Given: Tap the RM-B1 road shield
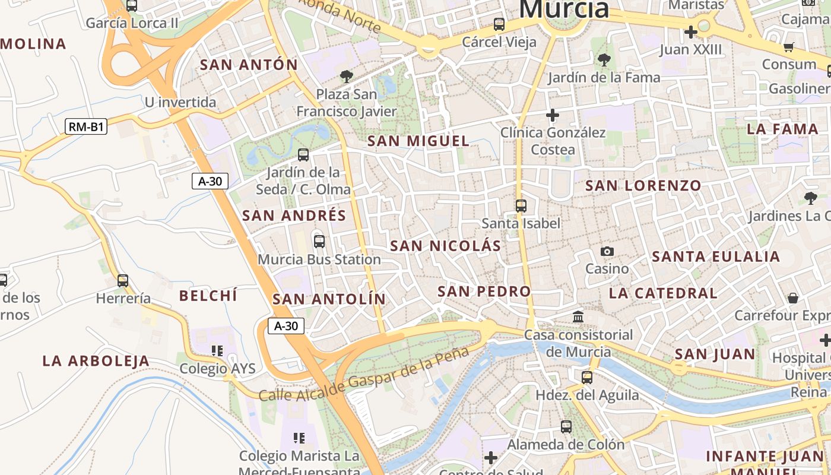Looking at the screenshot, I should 86,126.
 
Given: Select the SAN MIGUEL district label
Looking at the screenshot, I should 418,141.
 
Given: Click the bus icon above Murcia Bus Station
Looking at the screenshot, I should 319,241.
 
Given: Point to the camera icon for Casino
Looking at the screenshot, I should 607,251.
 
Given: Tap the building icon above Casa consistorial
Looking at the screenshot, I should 578,317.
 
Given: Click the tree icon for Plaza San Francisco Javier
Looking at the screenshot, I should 346,77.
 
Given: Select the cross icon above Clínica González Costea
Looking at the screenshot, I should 553,115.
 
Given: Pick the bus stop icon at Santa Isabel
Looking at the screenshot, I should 521,206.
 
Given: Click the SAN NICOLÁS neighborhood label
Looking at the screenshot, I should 446,246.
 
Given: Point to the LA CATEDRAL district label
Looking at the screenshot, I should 663,293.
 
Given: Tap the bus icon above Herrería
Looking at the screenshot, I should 123,281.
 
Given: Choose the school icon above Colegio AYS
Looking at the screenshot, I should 217,351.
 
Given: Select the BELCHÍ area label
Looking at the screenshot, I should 208,296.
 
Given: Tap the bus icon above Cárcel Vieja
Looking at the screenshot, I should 499,24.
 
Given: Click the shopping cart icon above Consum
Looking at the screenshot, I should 789,47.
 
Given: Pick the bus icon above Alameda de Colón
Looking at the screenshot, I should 566,426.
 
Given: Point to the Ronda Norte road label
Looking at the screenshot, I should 340,14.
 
